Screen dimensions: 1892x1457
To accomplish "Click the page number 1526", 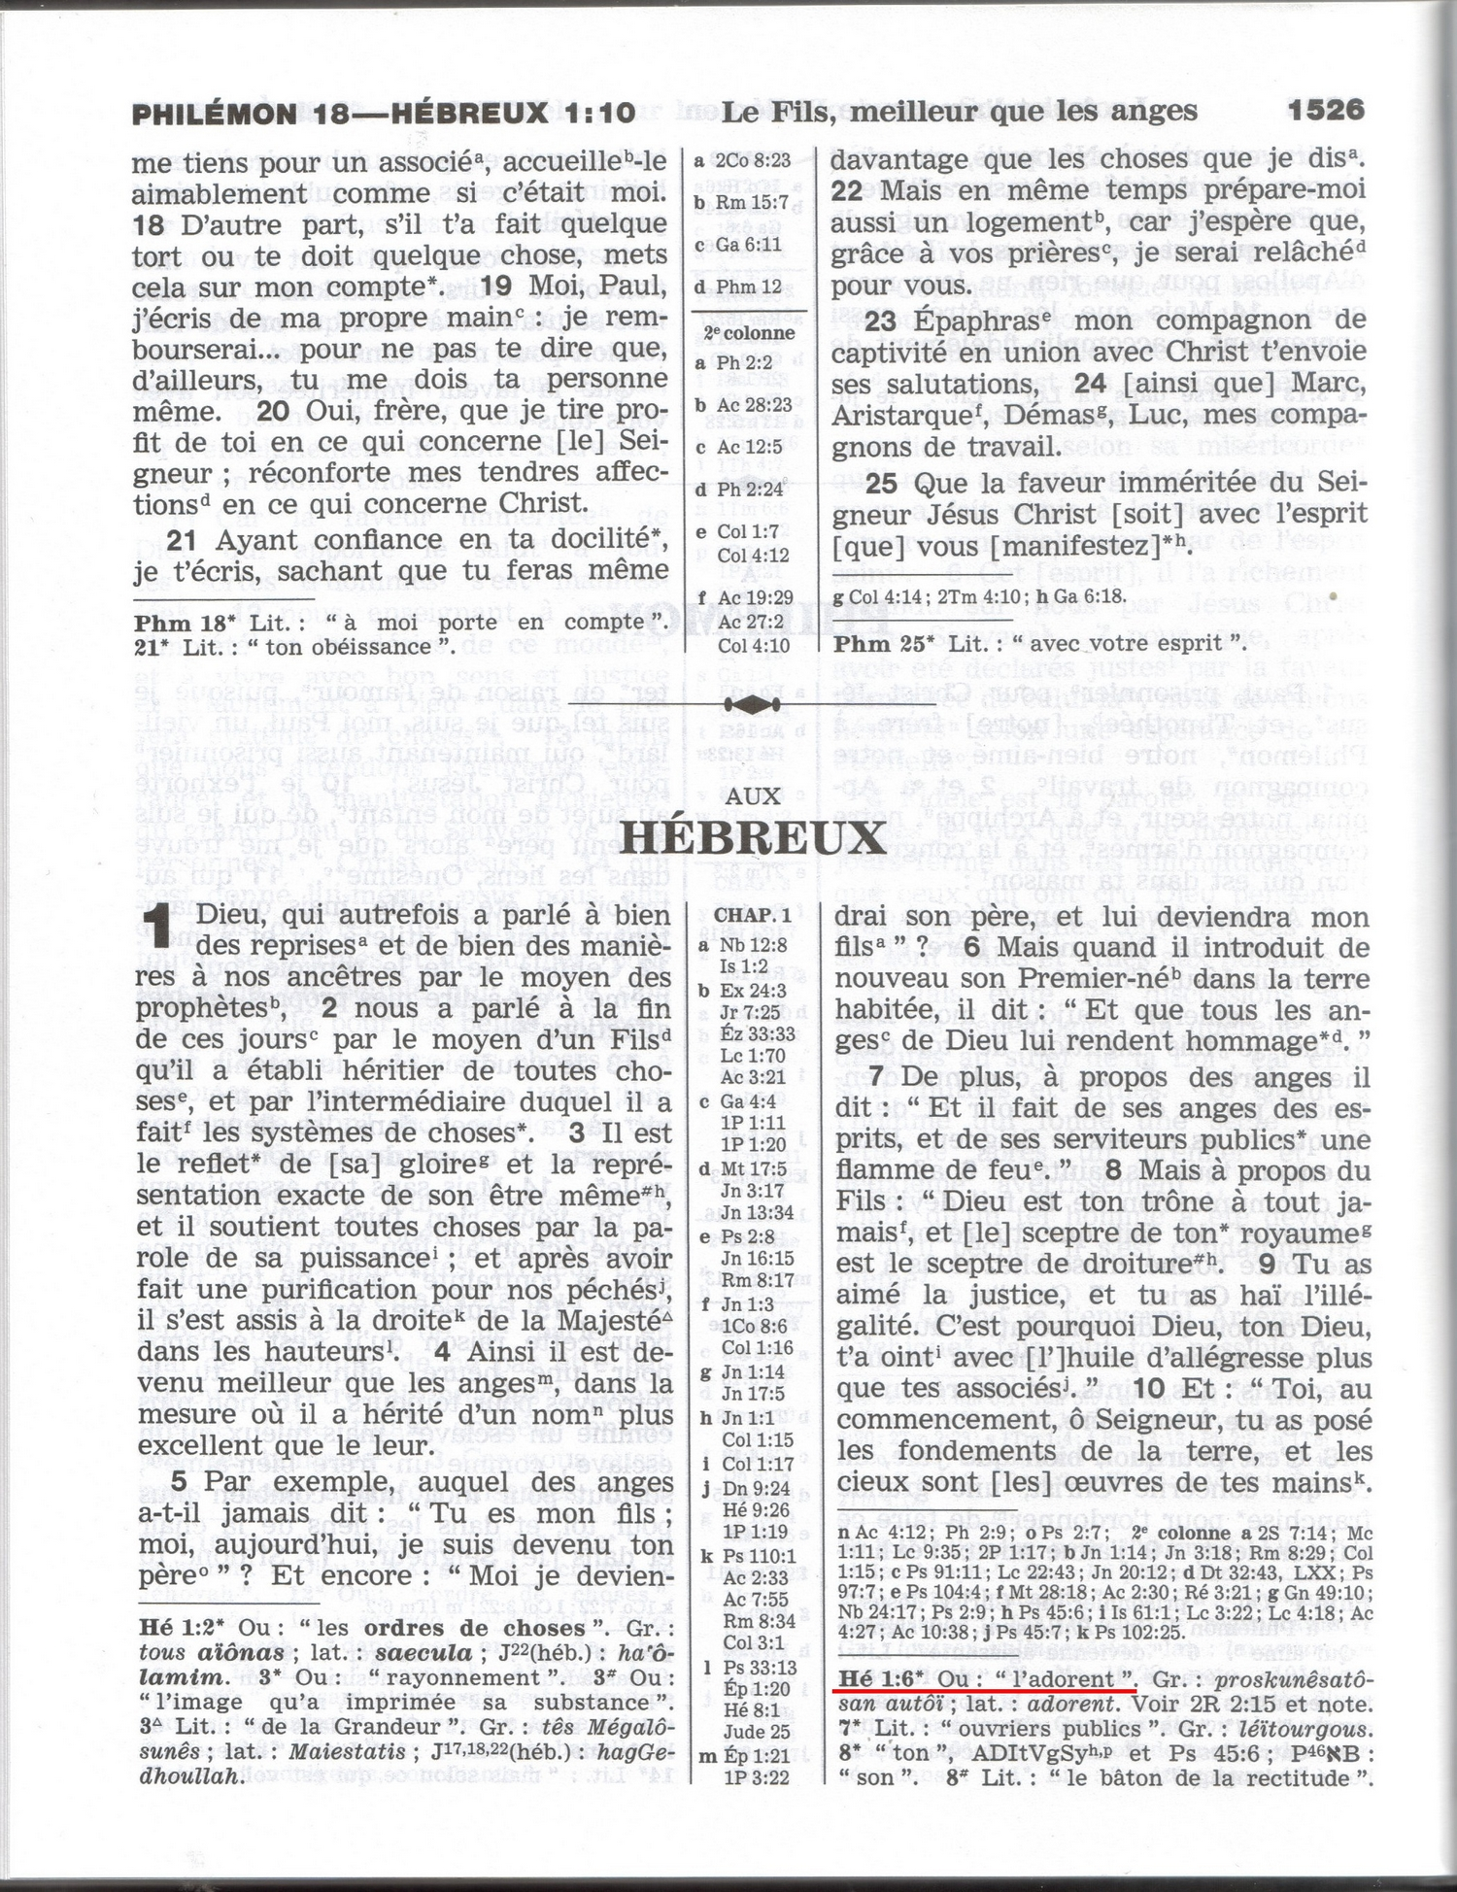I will click(x=1326, y=110).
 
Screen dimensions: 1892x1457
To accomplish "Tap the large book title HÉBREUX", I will click(x=753, y=838).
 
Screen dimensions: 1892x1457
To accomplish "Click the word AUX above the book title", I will click(x=753, y=796).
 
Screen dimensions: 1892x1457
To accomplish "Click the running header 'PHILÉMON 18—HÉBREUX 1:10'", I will click(x=383, y=114).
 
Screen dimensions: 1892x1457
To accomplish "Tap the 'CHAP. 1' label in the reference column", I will click(x=753, y=916).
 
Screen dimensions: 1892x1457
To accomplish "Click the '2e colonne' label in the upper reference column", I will click(x=749, y=332).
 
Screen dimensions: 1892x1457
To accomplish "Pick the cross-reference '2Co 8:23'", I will click(x=753, y=160).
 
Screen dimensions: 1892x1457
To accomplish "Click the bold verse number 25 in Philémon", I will click(x=880, y=483).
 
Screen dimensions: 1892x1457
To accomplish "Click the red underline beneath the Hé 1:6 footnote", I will click(x=984, y=1690).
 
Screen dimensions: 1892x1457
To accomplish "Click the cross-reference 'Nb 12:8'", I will click(x=753, y=944).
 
